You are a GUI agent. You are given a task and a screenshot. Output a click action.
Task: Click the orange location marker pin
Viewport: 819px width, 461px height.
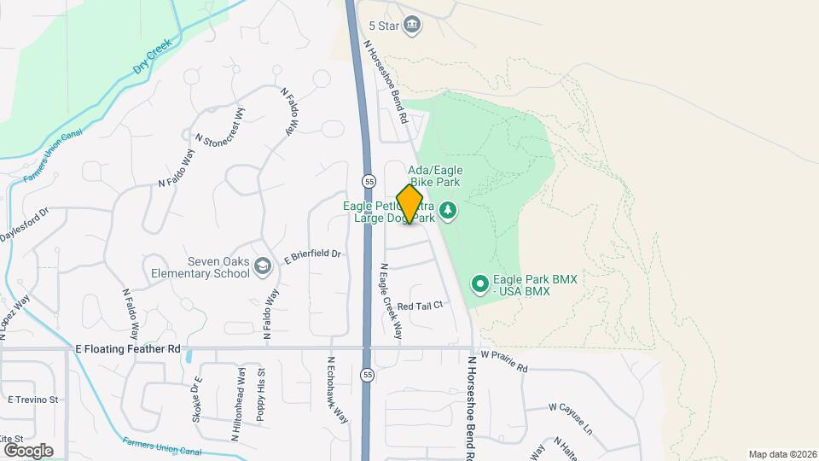click(410, 204)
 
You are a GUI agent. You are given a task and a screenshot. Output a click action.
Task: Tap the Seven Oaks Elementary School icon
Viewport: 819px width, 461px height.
click(263, 267)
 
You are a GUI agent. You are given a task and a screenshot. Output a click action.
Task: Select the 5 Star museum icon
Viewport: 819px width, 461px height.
click(412, 23)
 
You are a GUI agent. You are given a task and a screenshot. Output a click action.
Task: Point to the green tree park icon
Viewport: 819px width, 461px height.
click(448, 210)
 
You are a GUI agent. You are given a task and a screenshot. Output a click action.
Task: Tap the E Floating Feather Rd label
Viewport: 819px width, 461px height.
click(128, 348)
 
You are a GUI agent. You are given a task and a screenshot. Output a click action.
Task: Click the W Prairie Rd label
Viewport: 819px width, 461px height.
click(504, 361)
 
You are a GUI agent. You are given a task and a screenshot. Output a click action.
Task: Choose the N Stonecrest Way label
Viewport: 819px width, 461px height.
click(220, 128)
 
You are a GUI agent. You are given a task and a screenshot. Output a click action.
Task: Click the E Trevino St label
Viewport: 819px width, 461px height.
click(32, 399)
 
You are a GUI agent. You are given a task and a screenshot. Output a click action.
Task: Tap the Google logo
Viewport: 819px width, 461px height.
click(28, 450)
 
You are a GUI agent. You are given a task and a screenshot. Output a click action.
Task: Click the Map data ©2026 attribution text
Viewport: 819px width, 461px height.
click(781, 454)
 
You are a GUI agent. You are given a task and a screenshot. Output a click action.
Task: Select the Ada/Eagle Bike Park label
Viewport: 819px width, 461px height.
click(435, 176)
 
